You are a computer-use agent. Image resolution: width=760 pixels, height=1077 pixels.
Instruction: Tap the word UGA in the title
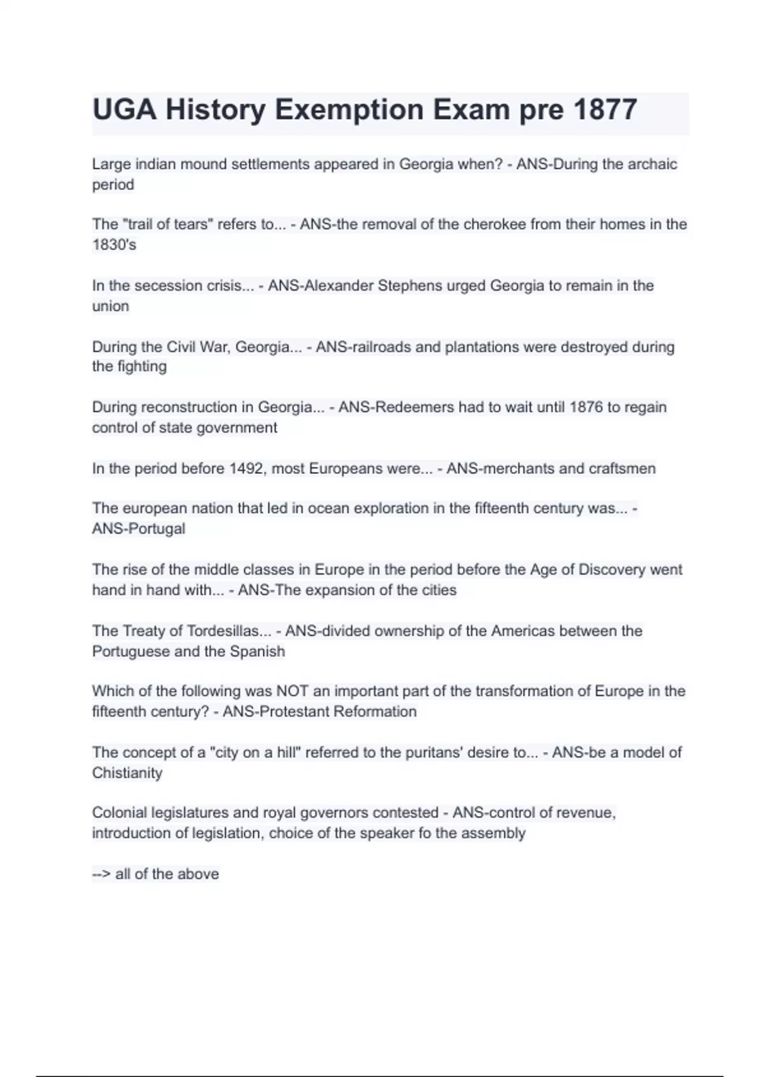(x=124, y=110)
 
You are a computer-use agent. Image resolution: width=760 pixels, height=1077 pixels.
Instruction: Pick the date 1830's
(x=114, y=245)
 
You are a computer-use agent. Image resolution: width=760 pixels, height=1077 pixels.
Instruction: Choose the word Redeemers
(x=415, y=407)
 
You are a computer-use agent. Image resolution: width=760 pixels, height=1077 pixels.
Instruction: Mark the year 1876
(x=586, y=407)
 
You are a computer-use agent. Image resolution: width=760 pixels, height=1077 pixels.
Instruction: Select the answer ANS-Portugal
(x=139, y=529)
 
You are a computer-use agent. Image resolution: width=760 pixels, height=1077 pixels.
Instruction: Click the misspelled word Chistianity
(x=127, y=773)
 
